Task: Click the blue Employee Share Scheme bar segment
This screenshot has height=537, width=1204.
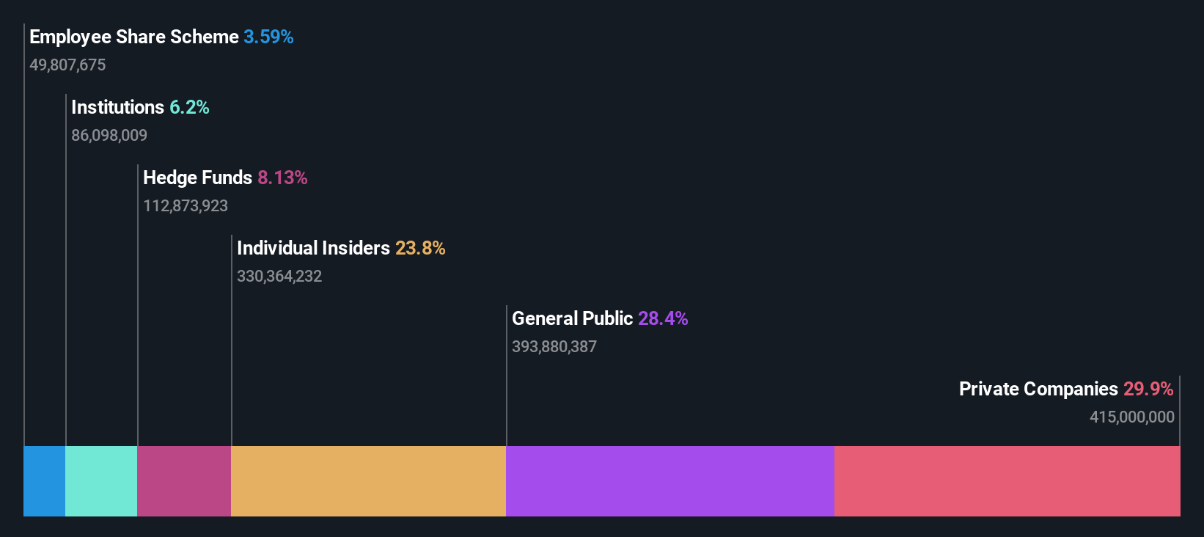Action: [45, 481]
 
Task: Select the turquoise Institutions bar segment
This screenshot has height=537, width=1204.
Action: [101, 481]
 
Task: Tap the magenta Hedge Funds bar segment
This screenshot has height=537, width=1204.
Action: [184, 481]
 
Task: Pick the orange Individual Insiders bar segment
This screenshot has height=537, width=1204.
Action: [368, 481]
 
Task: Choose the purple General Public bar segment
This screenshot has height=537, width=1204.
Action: [669, 481]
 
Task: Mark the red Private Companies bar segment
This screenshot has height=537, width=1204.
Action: [1007, 481]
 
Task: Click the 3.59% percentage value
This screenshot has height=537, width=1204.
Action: [268, 37]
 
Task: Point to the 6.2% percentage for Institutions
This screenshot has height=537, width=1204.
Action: [189, 107]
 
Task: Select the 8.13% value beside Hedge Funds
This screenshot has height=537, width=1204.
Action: [282, 178]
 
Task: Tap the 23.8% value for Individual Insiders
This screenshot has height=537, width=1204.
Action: [420, 248]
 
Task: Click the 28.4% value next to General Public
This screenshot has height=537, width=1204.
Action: [663, 318]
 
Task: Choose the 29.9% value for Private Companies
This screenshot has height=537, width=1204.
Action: [1148, 389]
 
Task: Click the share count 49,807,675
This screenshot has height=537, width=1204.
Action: [67, 65]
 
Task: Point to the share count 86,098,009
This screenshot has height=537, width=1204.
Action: [109, 135]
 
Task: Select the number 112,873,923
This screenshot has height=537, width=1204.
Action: [186, 205]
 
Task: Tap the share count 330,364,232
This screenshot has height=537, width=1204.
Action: [279, 276]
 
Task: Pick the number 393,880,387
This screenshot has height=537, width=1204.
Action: [554, 346]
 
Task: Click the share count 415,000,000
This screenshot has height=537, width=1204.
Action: [1132, 417]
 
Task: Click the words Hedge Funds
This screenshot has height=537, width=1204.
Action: [197, 178]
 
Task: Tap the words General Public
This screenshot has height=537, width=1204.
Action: [572, 318]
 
